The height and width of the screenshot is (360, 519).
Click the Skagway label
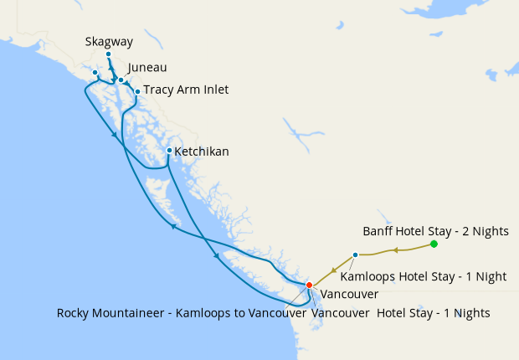(x=109, y=41)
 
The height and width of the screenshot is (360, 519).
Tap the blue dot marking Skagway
(x=108, y=54)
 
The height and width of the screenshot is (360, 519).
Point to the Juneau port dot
(x=121, y=80)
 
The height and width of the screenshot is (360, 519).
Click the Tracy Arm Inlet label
(x=186, y=90)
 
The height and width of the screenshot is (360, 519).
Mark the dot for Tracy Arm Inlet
(x=137, y=91)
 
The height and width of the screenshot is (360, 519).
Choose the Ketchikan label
(x=202, y=152)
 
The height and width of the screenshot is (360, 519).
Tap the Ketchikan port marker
(x=169, y=151)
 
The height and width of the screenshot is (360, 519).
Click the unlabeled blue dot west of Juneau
(x=95, y=73)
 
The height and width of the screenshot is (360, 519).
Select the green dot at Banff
(x=434, y=244)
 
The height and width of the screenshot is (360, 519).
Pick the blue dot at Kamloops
(x=356, y=255)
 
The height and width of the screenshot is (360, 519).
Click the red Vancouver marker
(x=309, y=285)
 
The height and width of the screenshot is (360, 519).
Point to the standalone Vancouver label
(x=350, y=295)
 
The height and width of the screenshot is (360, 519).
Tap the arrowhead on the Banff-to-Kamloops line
(x=393, y=249)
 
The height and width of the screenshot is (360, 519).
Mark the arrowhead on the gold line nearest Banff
(x=393, y=249)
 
